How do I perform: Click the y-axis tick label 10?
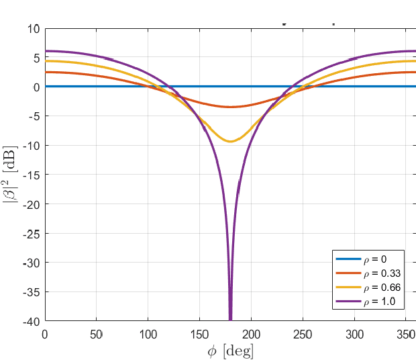33,29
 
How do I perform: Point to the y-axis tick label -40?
31,322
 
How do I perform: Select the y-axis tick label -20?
31,204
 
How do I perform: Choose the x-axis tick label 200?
252,334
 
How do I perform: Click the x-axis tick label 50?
97,334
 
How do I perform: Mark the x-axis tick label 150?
200,334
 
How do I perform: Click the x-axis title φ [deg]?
230,350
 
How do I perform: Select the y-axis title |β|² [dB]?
11,175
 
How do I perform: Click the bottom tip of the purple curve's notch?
230,320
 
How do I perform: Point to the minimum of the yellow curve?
230,141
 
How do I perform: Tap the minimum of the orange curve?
230,107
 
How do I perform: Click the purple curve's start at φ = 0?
46,51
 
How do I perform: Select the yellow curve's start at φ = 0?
46,61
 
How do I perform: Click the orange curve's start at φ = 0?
46,72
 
